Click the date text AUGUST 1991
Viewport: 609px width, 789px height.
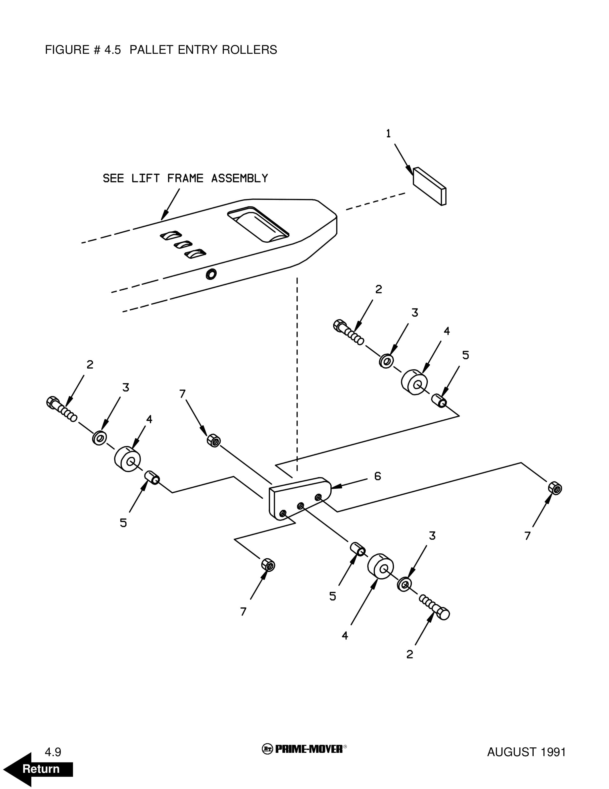click(526, 752)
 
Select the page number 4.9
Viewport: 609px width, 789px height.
click(53, 752)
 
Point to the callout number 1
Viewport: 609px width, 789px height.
click(388, 134)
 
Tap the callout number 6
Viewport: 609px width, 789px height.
click(377, 476)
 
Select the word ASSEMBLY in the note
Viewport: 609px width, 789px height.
click(240, 179)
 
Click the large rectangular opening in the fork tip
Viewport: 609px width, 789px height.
click(258, 224)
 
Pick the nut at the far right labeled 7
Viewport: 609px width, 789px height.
click(555, 488)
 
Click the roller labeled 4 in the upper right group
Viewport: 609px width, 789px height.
click(414, 382)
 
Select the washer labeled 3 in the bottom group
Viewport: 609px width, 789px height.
click(405, 584)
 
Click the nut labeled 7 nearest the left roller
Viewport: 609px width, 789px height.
click(214, 441)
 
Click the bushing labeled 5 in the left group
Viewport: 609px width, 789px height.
click(152, 478)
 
